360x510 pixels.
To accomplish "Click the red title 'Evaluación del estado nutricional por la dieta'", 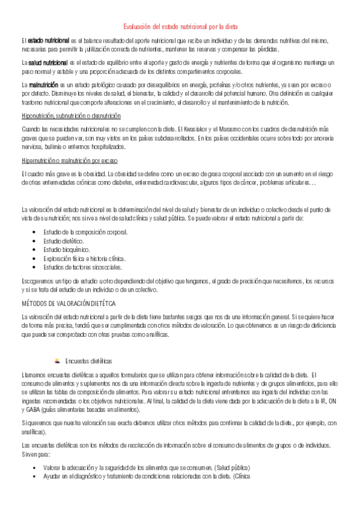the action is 180,27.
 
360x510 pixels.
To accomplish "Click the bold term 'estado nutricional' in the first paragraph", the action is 47,40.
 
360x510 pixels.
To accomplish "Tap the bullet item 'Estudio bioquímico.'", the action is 66,249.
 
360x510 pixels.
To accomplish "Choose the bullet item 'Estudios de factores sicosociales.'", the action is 82,266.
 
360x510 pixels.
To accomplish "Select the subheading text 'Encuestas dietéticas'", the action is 89,361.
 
